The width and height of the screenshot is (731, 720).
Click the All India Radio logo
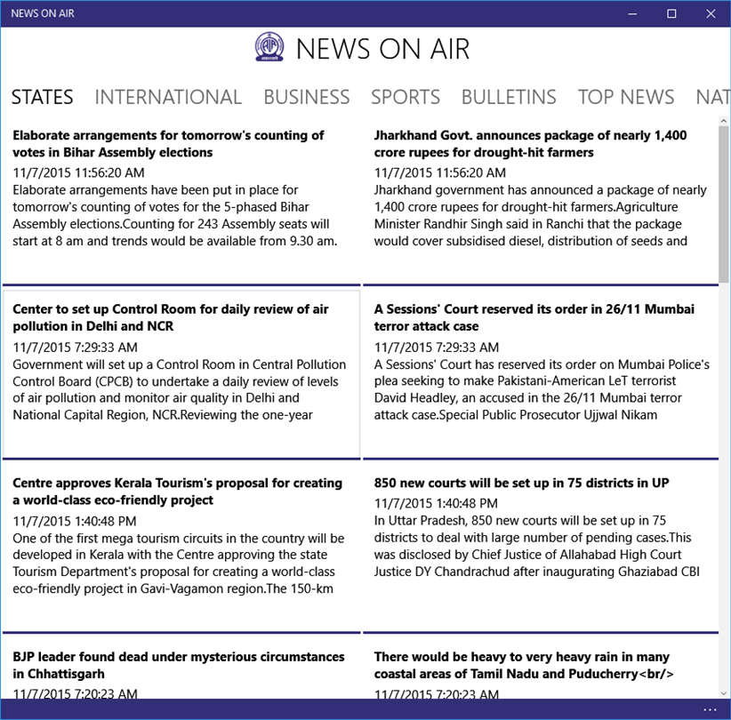[x=269, y=48]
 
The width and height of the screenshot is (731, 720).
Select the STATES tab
[x=42, y=97]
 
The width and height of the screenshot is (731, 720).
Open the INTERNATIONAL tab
[x=168, y=97]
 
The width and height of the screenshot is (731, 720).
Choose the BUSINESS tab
[x=306, y=97]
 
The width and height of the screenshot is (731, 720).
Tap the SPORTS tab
[x=406, y=97]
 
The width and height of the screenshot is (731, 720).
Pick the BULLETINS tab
[x=509, y=97]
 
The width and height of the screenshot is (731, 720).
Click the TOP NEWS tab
[x=626, y=97]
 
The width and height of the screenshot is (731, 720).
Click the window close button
[x=711, y=13]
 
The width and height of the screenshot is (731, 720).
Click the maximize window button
[x=671, y=13]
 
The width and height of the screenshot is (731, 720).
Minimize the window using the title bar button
[x=632, y=13]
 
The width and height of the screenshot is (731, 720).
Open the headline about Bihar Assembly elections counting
[x=168, y=144]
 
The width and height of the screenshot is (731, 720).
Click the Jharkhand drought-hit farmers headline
[x=530, y=144]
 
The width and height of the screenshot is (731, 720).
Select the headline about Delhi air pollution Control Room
[x=171, y=317]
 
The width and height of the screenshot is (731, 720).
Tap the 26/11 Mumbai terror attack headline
[x=534, y=317]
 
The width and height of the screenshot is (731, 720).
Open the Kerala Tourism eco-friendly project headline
[x=177, y=492]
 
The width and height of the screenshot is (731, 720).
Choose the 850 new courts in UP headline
[x=521, y=483]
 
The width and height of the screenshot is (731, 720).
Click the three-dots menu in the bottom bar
[x=710, y=709]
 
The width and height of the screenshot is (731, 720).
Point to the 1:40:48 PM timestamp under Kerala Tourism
[x=75, y=521]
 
